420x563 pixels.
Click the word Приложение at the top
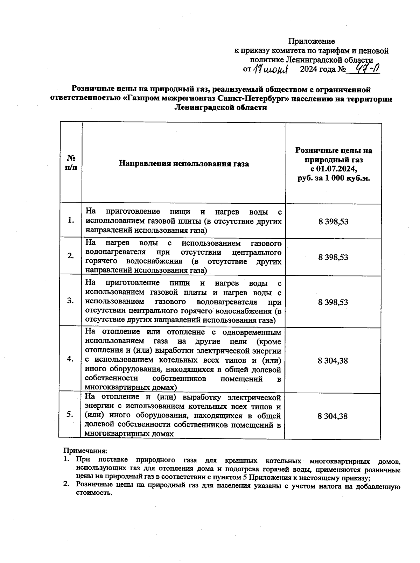pyautogui.click(x=311, y=41)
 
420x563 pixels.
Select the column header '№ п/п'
pyautogui.click(x=71, y=162)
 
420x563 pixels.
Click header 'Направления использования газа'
pyautogui.click(x=184, y=163)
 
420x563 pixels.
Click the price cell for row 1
pyautogui.click(x=333, y=221)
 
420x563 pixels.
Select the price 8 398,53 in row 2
pyautogui.click(x=333, y=257)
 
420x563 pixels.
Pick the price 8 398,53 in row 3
pyautogui.click(x=333, y=302)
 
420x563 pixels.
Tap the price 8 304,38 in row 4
pyautogui.click(x=333, y=360)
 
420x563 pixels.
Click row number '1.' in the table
pyautogui.click(x=71, y=220)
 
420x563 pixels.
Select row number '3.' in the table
pyautogui.click(x=71, y=301)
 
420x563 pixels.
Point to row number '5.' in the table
pyautogui.click(x=70, y=414)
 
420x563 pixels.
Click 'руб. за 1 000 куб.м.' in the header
pyautogui.click(x=334, y=178)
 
